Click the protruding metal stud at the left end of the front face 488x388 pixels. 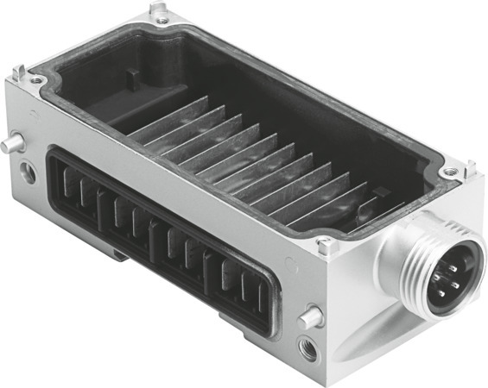tap(11, 143)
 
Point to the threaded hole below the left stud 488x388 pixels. tap(29, 173)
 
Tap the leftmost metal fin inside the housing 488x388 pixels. tap(168, 117)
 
